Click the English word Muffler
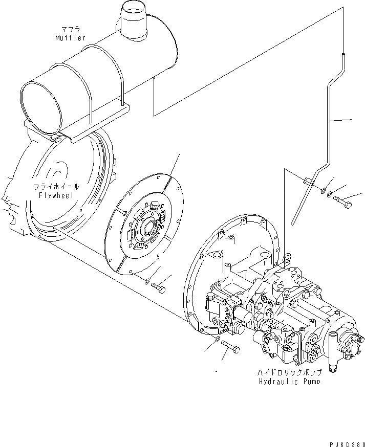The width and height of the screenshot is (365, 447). [x=71, y=38]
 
